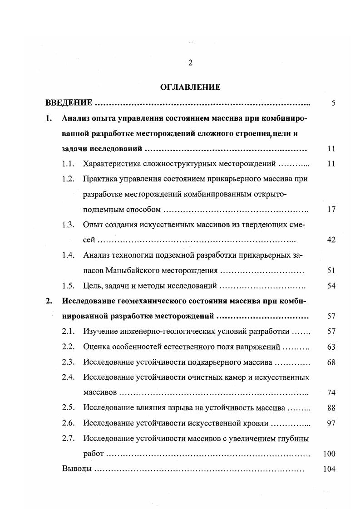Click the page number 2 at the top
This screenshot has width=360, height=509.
[190, 63]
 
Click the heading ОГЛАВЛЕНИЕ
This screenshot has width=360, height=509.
[190, 87]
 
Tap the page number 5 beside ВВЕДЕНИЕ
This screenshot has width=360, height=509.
[333, 103]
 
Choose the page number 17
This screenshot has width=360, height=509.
[331, 210]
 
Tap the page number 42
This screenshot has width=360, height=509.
[331, 240]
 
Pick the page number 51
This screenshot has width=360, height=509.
[331, 271]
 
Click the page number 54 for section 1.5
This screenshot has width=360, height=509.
[331, 286]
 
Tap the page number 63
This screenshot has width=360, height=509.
[331, 347]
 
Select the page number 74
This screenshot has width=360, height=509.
[331, 392]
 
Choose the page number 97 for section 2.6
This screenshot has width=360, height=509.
[331, 423]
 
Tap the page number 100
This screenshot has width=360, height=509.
[329, 454]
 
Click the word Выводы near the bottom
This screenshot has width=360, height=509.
[76, 469]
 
